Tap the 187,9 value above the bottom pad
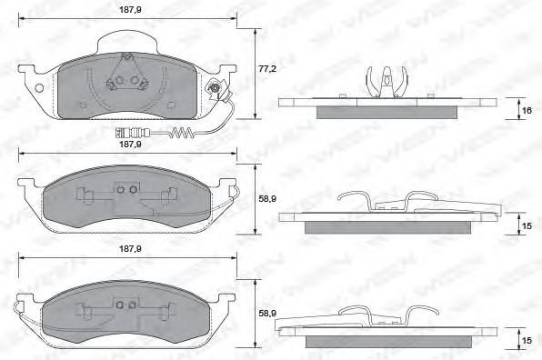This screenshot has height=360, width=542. [127, 247]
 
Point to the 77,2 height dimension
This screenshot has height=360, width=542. [264, 68]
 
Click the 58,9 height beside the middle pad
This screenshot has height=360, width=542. [266, 195]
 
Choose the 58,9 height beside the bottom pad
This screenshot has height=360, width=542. [266, 313]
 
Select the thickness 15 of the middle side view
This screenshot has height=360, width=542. [526, 224]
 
